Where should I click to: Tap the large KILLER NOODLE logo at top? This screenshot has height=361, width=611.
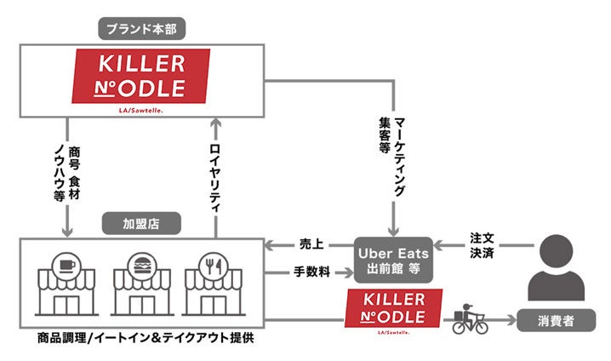141,77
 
